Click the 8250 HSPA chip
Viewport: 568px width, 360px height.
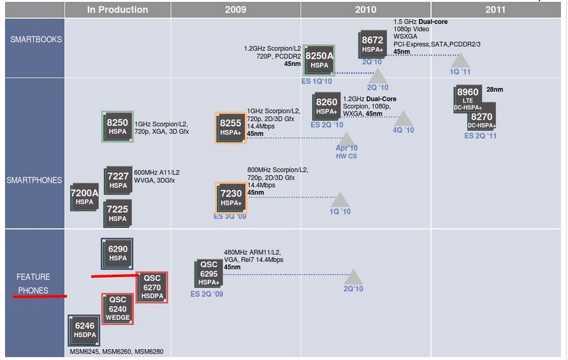[x=117, y=126]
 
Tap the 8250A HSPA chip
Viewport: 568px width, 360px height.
[x=319, y=60]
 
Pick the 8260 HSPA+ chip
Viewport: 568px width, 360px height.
[x=326, y=106]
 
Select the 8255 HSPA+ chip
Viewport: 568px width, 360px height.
[x=230, y=127]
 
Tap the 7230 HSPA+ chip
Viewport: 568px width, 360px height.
[x=230, y=197]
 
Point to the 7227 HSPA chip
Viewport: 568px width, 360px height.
[x=118, y=180]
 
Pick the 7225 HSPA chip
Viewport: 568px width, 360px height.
[x=117, y=212]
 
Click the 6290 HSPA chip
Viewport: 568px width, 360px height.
[x=117, y=253]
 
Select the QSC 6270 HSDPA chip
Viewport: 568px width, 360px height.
[x=152, y=287]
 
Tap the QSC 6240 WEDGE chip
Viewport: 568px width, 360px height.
[x=117, y=308]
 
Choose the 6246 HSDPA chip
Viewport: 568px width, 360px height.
[x=84, y=329]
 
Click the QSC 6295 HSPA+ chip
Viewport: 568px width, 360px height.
[x=208, y=273]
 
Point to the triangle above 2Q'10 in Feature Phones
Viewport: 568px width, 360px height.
[x=353, y=277]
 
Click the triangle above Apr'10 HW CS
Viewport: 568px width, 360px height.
[x=346, y=139]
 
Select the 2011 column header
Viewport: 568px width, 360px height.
[x=495, y=10]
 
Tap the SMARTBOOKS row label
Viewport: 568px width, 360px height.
[x=36, y=39]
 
